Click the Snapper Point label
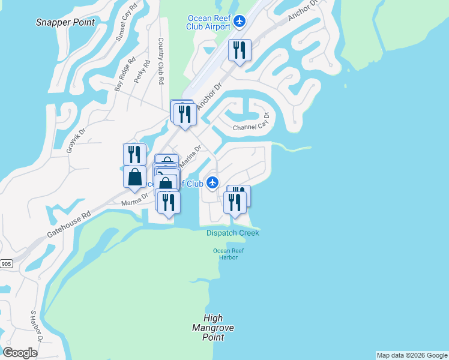click(x=65, y=22)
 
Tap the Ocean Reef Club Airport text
click(x=209, y=22)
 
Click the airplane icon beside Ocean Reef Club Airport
click(x=240, y=22)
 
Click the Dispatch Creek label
click(x=233, y=233)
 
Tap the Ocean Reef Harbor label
click(x=225, y=254)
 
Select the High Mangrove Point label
click(x=213, y=328)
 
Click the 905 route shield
click(x=6, y=263)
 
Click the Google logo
click(x=20, y=353)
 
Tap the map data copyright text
click(x=412, y=355)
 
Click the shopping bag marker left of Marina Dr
click(x=134, y=178)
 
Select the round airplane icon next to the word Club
click(x=211, y=182)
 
